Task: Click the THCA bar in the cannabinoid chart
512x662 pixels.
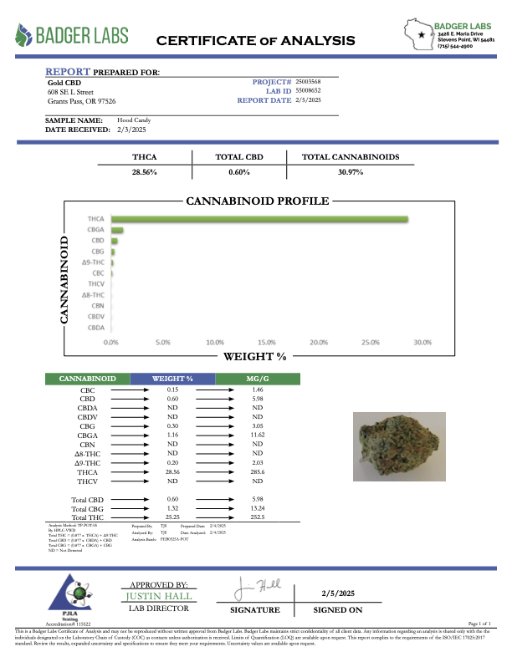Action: pyautogui.click(x=259, y=219)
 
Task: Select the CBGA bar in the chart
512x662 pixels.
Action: pyautogui.click(x=117, y=230)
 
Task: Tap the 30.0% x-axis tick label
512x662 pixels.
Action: pyautogui.click(x=422, y=342)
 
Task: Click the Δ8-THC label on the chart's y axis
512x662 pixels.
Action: pyautogui.click(x=93, y=295)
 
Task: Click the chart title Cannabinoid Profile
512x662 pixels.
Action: pyautogui.click(x=257, y=201)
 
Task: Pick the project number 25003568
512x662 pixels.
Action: pyautogui.click(x=309, y=81)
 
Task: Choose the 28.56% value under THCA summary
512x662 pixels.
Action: pyautogui.click(x=144, y=171)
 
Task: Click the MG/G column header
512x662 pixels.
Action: pyautogui.click(x=258, y=379)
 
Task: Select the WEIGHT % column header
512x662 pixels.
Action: pyautogui.click(x=172, y=379)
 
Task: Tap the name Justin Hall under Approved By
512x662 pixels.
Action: pyautogui.click(x=159, y=596)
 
